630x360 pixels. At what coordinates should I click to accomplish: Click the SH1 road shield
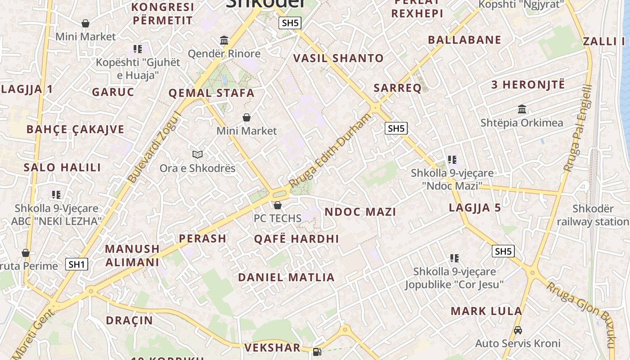(x=76, y=264)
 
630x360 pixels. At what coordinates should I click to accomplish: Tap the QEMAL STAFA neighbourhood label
(x=211, y=94)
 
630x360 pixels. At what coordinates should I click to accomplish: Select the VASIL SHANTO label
(x=338, y=58)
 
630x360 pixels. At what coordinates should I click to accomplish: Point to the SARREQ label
(x=397, y=88)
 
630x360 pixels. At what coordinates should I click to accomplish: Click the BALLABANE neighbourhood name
(x=464, y=40)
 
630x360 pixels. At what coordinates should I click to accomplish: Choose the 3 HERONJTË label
(x=528, y=85)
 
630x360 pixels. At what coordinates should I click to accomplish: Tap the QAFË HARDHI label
(x=297, y=239)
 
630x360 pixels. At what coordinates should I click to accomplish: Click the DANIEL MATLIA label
(x=286, y=277)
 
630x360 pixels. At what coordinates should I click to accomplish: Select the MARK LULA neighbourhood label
(x=486, y=311)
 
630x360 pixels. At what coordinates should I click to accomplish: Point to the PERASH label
(x=202, y=238)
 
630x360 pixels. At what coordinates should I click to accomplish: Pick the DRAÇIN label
(x=130, y=320)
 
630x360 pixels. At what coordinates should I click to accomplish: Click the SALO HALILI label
(x=63, y=167)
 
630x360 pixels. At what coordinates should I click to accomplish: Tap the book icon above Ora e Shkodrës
(x=198, y=155)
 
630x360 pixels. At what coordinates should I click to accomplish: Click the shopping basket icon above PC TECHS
(x=278, y=206)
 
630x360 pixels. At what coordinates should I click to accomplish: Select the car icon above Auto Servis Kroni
(x=518, y=330)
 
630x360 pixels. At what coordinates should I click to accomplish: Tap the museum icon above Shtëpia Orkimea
(x=522, y=109)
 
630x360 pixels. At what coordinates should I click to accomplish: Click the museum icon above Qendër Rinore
(x=224, y=40)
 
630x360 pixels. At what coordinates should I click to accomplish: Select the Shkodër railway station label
(x=593, y=215)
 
